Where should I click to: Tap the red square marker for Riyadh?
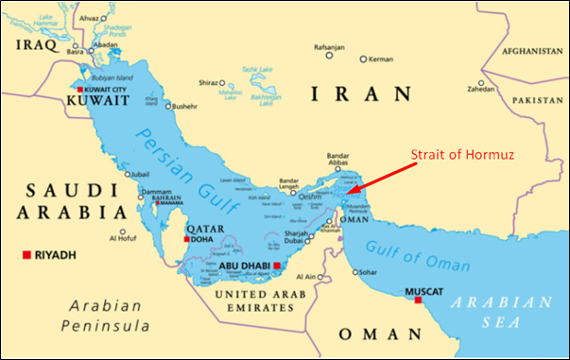(27, 254)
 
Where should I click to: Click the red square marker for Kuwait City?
(79, 88)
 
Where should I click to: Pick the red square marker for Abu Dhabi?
(277, 266)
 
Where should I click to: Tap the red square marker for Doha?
(187, 239)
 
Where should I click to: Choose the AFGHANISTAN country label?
(532, 50)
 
